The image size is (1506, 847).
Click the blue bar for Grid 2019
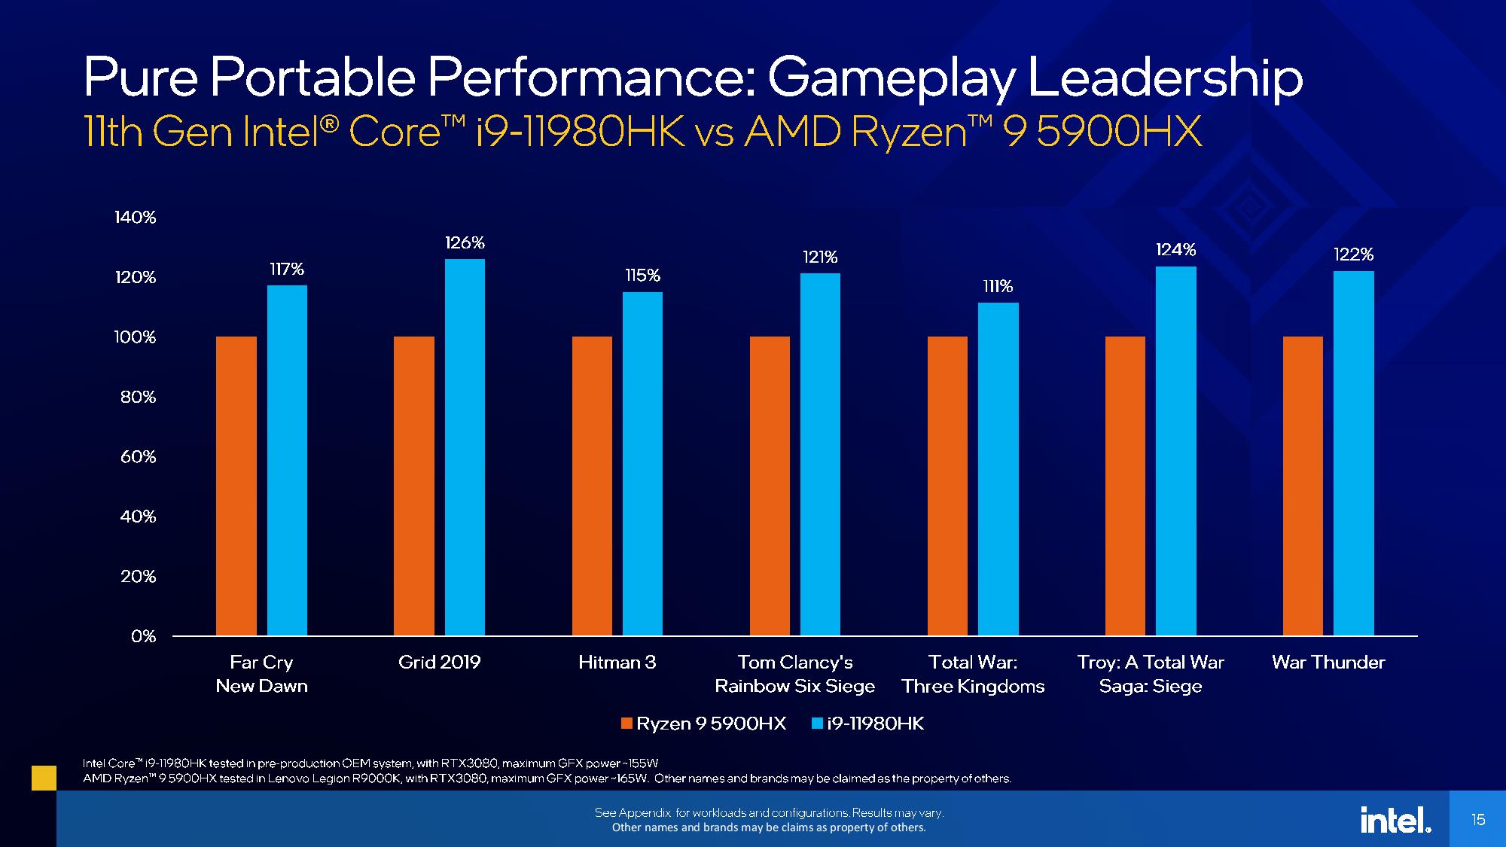pyautogui.click(x=465, y=447)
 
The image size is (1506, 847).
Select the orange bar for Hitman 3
pyautogui.click(x=592, y=486)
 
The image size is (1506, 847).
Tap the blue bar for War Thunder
pyautogui.click(x=1353, y=453)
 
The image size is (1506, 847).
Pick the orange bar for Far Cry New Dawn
pyautogui.click(x=236, y=486)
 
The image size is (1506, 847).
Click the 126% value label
pyautogui.click(x=465, y=243)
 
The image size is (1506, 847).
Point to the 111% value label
pyautogui.click(x=998, y=287)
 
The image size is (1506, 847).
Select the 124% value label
pyautogui.click(x=1175, y=250)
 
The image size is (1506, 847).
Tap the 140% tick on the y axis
pyautogui.click(x=136, y=218)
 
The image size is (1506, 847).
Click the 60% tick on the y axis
pyautogui.click(x=138, y=457)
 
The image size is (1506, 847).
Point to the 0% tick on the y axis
pyautogui.click(x=143, y=636)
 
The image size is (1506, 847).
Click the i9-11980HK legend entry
pyautogui.click(x=867, y=724)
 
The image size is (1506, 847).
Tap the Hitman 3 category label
pyautogui.click(x=617, y=663)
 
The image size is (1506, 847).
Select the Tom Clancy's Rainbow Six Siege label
pyautogui.click(x=794, y=674)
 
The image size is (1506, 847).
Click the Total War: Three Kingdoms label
pyautogui.click(x=973, y=674)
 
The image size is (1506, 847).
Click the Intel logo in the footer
pyautogui.click(x=1395, y=820)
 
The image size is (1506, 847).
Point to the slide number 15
pyautogui.click(x=1478, y=820)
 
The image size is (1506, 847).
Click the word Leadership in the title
pyautogui.click(x=1165, y=78)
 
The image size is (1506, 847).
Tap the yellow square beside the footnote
pyautogui.click(x=44, y=778)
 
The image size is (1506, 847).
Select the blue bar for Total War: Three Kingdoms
pyautogui.click(x=998, y=469)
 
